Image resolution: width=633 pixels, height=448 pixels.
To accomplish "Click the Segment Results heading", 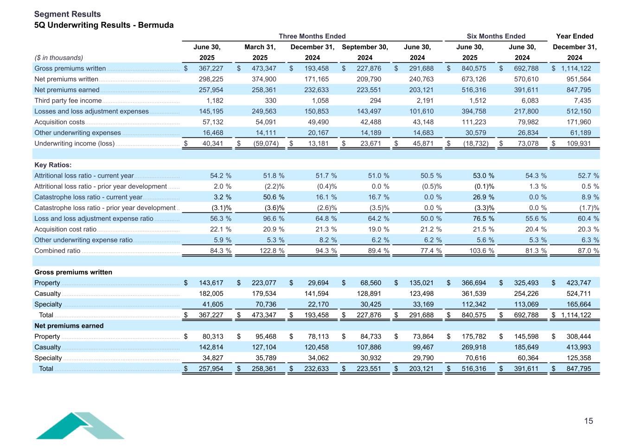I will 67,14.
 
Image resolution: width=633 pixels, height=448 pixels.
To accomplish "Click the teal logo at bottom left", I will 80,425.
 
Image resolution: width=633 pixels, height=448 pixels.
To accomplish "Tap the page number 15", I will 588,421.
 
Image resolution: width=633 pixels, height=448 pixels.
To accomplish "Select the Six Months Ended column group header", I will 496,36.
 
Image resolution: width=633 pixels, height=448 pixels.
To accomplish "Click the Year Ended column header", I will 575,36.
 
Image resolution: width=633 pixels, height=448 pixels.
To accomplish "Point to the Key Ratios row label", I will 53,165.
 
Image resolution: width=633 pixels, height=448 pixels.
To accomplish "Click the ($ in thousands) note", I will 59,58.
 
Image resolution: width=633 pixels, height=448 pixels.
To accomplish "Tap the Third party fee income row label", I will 68,101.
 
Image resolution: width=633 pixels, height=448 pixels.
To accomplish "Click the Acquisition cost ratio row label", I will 65,229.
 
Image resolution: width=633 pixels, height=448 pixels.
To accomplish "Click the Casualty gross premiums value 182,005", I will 211,294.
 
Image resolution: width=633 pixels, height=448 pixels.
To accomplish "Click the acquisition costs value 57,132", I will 213,122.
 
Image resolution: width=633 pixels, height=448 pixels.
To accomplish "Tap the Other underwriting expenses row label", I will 77,133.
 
